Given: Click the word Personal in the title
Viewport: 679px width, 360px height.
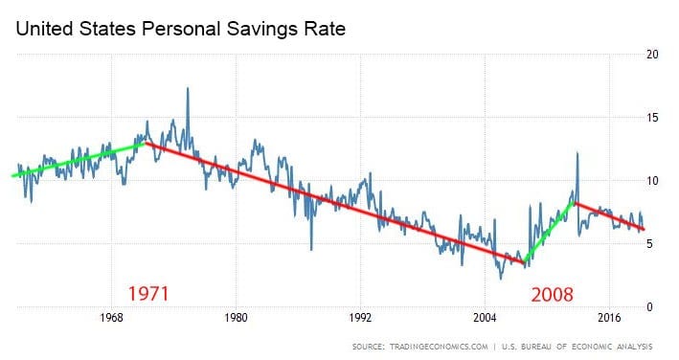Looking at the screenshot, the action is (x=181, y=29).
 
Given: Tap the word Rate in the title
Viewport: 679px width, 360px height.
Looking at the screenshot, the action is (x=325, y=29).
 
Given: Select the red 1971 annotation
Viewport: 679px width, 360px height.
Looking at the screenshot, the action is (x=147, y=294).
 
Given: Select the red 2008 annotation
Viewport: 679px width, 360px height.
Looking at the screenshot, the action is (x=553, y=295).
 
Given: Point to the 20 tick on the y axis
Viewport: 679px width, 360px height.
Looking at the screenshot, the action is (x=652, y=55).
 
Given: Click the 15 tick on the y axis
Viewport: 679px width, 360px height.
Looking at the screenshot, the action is (x=652, y=118).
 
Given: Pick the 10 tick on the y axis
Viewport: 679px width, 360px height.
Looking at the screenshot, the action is (x=652, y=181).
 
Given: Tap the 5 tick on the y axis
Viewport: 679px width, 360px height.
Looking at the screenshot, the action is (x=649, y=244).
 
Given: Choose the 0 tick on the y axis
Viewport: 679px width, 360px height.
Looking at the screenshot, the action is (x=649, y=307).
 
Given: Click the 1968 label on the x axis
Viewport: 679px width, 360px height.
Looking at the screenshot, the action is (x=111, y=318).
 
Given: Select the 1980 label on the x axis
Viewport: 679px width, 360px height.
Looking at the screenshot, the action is (x=236, y=318).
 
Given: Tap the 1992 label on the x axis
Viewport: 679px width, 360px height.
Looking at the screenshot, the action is (x=360, y=318).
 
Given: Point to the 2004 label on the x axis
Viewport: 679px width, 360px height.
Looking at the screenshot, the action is (x=485, y=318).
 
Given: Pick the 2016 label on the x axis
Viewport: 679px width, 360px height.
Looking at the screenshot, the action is (x=609, y=318).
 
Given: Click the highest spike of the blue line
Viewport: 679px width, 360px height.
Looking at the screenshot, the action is (x=188, y=88).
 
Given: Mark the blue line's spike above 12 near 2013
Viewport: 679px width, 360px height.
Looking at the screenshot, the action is (x=577, y=153).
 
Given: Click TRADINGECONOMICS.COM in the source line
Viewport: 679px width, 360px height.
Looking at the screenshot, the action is (x=439, y=347).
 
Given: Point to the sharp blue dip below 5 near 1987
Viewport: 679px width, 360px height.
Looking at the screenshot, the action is (x=311, y=250).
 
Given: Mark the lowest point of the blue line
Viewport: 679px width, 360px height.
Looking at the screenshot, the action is (x=501, y=279).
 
